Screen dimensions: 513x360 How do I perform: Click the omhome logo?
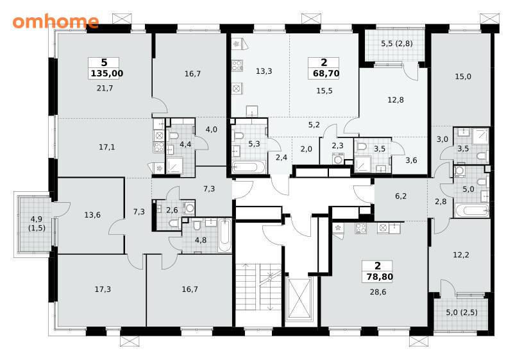point(56,21)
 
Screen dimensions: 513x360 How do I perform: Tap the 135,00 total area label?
point(107,73)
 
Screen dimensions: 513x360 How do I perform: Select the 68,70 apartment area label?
point(326,73)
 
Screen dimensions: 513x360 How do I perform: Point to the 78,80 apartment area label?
point(380,277)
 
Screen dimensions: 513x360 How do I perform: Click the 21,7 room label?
point(105,88)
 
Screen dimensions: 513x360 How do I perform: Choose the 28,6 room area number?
point(378,292)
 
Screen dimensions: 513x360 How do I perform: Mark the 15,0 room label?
point(463,76)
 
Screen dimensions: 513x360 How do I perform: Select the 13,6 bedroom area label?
point(92,215)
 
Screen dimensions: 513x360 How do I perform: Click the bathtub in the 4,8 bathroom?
point(224,236)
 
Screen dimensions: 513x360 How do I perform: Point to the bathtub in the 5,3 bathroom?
point(249,167)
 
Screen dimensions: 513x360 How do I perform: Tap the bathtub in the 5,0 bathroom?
point(471,210)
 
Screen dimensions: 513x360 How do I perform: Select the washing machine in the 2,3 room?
point(337,159)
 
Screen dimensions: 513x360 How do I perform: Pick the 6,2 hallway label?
point(401,196)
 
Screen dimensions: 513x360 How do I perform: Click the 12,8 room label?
point(396,100)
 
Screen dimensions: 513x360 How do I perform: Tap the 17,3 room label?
point(103,289)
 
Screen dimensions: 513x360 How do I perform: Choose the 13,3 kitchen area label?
point(264,71)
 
